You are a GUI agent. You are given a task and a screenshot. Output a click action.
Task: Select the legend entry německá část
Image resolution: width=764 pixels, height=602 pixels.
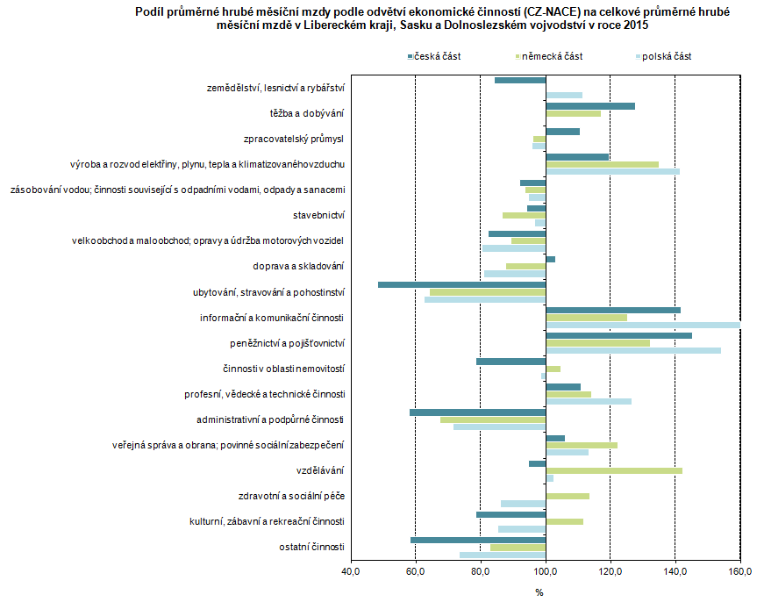552,56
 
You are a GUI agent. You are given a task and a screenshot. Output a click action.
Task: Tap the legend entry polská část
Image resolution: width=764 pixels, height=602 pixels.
666,56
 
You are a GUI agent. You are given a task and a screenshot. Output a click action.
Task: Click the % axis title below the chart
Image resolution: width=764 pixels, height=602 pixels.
539,592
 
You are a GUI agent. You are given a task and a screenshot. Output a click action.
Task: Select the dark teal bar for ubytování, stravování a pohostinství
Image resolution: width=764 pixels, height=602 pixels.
461,284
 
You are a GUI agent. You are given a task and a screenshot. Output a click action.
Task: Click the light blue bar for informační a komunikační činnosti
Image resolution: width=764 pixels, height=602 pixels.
643,325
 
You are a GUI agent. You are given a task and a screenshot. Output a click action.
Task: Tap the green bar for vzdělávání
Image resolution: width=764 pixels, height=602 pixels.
614,471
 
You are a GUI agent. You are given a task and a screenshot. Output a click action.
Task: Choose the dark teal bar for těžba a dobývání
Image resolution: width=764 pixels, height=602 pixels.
590,106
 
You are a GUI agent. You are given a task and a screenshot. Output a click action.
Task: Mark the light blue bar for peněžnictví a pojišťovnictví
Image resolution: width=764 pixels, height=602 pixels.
633,350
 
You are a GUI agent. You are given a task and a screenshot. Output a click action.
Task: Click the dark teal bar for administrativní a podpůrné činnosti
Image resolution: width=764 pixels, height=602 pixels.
477,412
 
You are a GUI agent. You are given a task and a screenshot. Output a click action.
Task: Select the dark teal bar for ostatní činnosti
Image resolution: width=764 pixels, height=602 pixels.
478,540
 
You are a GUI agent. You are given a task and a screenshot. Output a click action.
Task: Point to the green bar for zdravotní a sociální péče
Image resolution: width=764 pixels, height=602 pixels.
568,496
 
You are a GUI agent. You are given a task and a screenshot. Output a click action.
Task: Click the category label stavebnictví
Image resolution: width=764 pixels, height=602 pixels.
318,215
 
